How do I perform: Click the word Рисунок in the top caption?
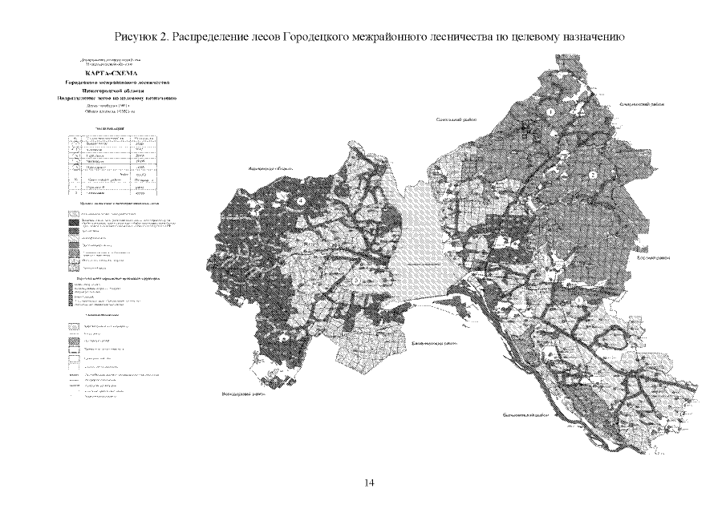point(137,37)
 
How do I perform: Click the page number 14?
point(370,483)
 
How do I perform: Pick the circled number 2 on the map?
point(593,175)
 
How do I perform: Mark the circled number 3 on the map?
point(579,300)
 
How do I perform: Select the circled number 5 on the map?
point(354,281)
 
